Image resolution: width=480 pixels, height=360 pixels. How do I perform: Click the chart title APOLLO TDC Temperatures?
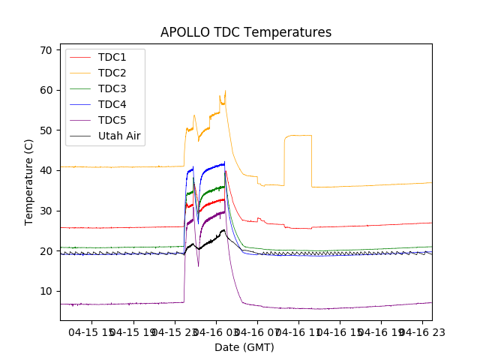tap(245, 32)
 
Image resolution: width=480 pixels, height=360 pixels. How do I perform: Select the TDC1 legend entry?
tap(112, 57)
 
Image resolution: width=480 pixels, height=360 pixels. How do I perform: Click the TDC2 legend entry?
tap(112, 73)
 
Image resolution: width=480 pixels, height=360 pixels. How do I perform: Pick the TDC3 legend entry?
tap(112, 88)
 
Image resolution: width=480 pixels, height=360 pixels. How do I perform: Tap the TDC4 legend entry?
tap(112, 104)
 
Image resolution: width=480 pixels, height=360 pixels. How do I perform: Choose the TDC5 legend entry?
tap(112, 120)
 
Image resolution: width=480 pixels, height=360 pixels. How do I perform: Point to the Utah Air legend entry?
tap(120, 136)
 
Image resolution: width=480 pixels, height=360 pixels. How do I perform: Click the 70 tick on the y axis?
tap(46, 50)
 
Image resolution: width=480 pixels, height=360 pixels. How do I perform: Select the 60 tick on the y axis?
tap(46, 90)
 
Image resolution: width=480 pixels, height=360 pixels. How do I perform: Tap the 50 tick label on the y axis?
tap(46, 130)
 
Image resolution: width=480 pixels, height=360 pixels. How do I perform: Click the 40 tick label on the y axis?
tap(46, 170)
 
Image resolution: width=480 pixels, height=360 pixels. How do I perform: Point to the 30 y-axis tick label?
tap(46, 211)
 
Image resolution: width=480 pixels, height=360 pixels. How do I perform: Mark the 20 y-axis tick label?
tap(46, 251)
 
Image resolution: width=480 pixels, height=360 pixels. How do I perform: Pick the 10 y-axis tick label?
tap(46, 291)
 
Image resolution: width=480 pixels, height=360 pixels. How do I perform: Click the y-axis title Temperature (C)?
tap(29, 181)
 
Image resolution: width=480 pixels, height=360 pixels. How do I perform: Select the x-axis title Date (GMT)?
tap(244, 347)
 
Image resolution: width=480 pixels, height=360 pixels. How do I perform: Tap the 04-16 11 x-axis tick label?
tap(298, 331)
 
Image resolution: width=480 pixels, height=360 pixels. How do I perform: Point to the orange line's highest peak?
tap(225, 91)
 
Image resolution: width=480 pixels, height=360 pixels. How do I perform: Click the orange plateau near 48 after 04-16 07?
tap(298, 135)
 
